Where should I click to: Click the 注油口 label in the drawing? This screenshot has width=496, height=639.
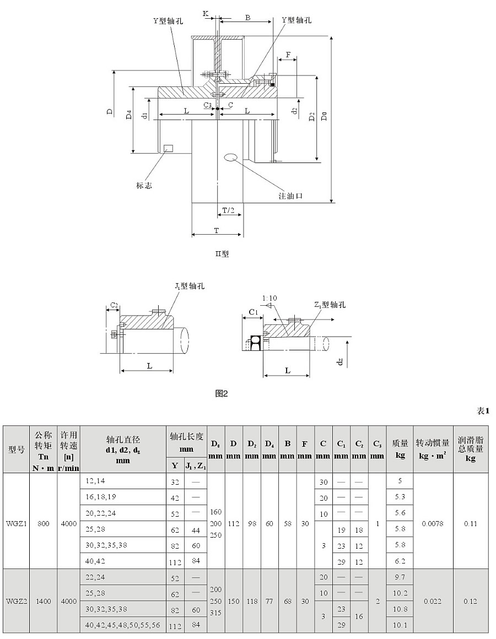tap(291, 196)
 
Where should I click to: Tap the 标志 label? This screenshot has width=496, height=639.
tap(144, 186)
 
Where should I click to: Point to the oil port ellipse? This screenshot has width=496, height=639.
tap(231, 158)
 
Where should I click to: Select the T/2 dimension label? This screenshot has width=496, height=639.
tap(228, 210)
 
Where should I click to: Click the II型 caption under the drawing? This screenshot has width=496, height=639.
tap(222, 254)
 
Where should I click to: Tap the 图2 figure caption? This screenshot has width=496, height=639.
tap(222, 393)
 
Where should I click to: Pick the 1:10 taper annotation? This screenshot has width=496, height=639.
tap(270, 298)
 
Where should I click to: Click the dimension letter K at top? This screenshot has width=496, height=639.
tap(205, 12)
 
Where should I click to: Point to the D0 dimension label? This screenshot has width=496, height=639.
tap(325, 116)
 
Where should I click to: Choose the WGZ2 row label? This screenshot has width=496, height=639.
tap(17, 601)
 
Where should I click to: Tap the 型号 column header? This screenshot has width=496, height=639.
tap(17, 448)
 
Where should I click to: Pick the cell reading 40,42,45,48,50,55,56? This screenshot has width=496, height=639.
tap(123, 625)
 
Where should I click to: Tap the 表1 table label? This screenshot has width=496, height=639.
tap(483, 411)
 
